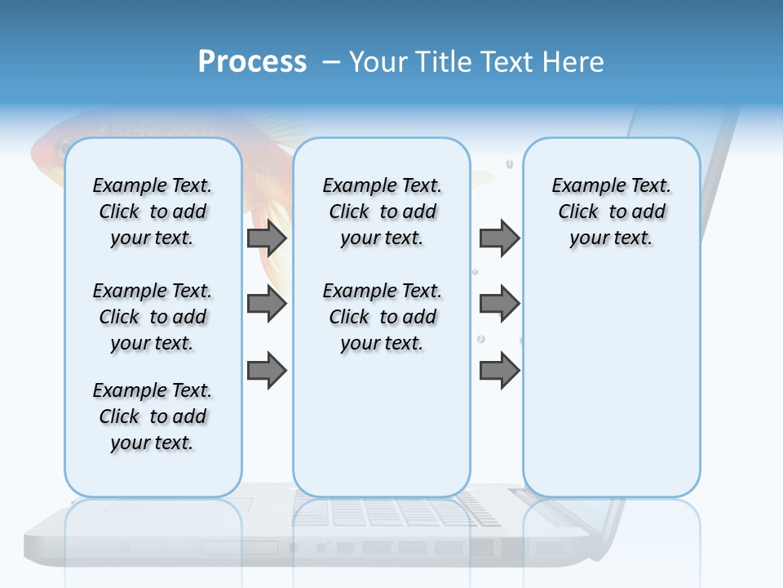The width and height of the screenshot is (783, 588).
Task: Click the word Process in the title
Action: point(252,62)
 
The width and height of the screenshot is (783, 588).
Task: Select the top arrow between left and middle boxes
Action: point(267,238)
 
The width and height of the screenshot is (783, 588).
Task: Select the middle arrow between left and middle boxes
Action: point(267,304)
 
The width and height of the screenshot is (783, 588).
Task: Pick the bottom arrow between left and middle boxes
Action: point(267,370)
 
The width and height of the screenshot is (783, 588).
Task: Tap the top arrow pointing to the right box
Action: point(499,238)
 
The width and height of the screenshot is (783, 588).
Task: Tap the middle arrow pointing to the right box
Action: point(499,304)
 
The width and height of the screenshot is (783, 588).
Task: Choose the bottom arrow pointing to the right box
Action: point(499,370)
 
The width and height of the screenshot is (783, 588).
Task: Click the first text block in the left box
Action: point(153,212)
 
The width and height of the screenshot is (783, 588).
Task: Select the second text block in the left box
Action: point(153,317)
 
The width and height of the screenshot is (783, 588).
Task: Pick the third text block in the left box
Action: point(153,416)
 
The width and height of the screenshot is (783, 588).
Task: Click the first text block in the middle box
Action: point(383,212)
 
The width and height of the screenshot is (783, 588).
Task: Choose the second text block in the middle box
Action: point(383,317)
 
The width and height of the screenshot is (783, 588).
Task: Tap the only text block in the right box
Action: point(612,212)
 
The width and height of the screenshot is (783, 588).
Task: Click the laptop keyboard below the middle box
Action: point(391,512)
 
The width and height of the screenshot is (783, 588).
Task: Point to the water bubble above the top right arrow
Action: point(510,164)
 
